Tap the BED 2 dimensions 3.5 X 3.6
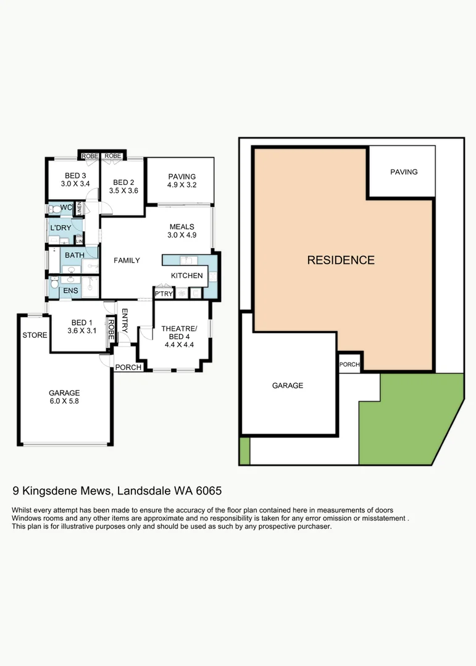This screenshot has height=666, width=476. click(x=123, y=191)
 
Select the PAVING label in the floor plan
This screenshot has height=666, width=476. click(x=182, y=176)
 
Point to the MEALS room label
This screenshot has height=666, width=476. click(x=182, y=226)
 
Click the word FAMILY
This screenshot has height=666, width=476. click(x=127, y=260)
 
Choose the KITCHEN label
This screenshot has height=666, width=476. click(x=187, y=276)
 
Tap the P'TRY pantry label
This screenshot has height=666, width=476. click(x=164, y=294)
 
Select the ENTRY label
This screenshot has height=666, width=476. click(x=124, y=321)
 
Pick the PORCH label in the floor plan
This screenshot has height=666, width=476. click(x=128, y=368)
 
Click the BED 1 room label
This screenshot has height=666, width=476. click(x=81, y=323)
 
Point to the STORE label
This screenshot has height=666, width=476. click(x=35, y=335)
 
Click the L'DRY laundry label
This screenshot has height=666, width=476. click(x=61, y=228)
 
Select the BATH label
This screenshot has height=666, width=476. click(x=75, y=255)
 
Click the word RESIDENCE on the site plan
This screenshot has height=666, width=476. click(x=341, y=260)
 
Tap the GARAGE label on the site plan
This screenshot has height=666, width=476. click(x=288, y=385)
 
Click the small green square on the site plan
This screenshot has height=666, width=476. click(x=244, y=451)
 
